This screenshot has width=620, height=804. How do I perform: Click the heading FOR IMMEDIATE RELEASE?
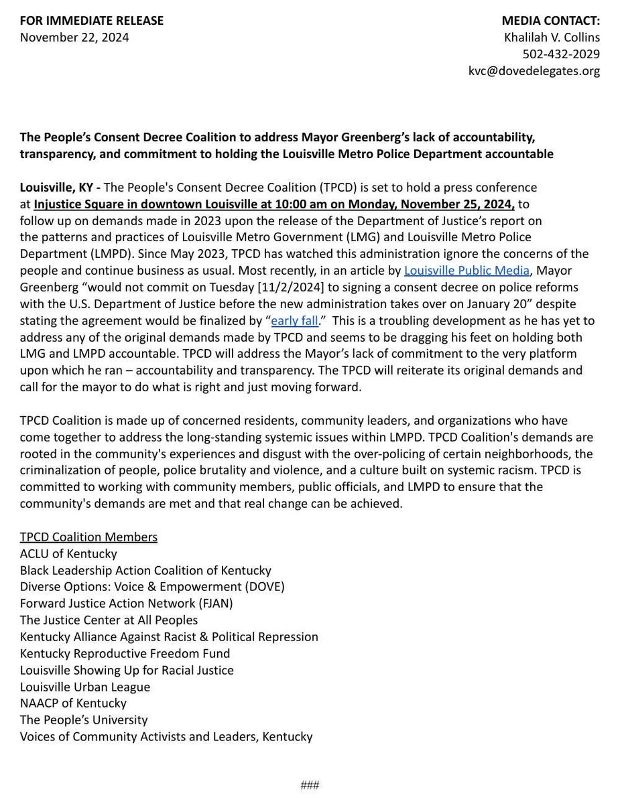[92, 21]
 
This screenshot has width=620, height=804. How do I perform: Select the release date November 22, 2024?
[74, 38]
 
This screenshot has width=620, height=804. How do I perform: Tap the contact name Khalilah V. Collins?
[552, 38]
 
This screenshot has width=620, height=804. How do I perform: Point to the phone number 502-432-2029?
[561, 54]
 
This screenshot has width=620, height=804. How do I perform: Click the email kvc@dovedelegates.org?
[534, 71]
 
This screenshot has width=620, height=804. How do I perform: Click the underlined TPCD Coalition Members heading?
[89, 537]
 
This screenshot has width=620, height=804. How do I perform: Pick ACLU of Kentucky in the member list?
[68, 553]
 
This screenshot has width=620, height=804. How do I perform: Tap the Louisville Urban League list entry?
[85, 687]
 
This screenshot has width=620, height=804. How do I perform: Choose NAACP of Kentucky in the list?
[73, 703]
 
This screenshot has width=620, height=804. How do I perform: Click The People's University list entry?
[84, 720]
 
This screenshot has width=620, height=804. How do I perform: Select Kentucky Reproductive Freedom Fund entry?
[125, 653]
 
